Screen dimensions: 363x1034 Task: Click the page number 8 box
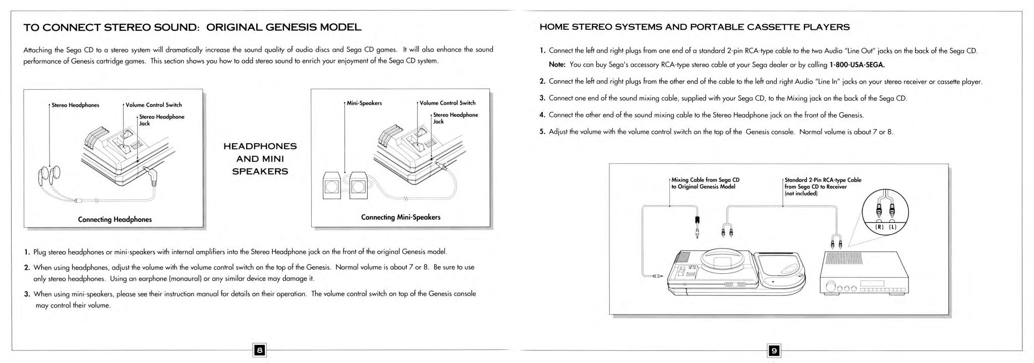(259, 350)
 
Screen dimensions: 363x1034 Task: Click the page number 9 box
(774, 350)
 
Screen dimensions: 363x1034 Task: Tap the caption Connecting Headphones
(114, 219)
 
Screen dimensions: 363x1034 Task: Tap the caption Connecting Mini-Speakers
(400, 217)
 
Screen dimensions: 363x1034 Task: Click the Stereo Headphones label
(75, 105)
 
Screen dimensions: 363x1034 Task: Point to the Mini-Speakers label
(364, 103)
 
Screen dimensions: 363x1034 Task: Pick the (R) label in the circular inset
(879, 227)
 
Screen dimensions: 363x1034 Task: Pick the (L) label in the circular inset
(892, 227)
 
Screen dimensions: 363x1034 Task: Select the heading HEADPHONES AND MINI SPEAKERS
(260, 159)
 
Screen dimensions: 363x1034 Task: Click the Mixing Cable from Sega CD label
(705, 183)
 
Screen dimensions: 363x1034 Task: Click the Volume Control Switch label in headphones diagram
(153, 105)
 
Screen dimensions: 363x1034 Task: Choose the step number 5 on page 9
(543, 132)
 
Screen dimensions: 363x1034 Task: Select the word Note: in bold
(557, 65)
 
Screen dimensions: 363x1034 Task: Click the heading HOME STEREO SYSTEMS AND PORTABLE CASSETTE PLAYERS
(695, 27)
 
